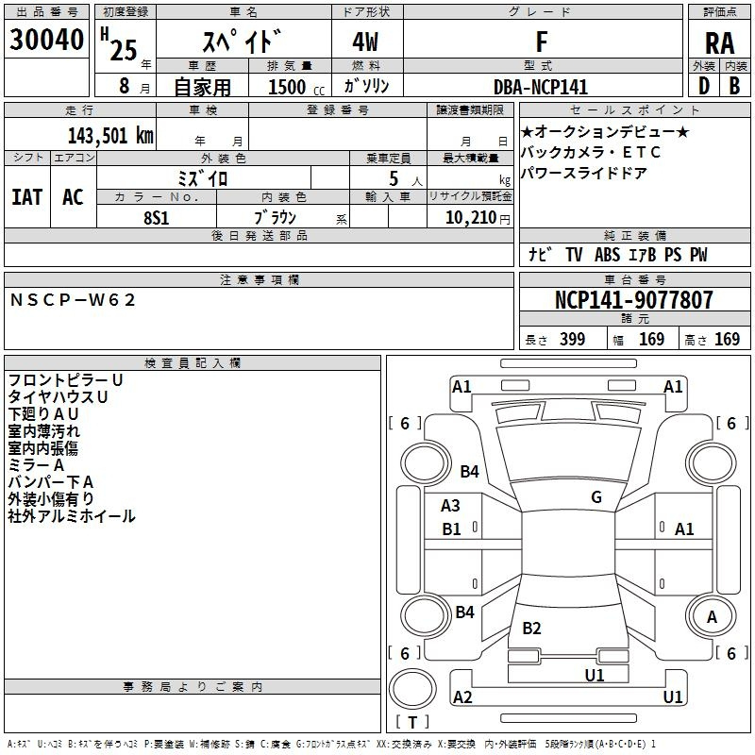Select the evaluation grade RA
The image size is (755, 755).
pyautogui.click(x=719, y=42)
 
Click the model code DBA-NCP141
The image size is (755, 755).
pyautogui.click(x=541, y=87)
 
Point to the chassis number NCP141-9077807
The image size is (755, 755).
pyautogui.click(x=634, y=300)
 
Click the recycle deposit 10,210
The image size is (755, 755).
pyautogui.click(x=468, y=217)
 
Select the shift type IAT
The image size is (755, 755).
pyautogui.click(x=26, y=197)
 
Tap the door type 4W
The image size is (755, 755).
pyautogui.click(x=366, y=42)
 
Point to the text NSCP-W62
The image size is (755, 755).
pyautogui.click(x=74, y=299)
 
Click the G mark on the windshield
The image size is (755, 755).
pyautogui.click(x=596, y=497)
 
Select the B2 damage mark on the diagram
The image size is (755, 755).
pyautogui.click(x=531, y=629)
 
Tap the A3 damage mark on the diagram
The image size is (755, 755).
pyautogui.click(x=451, y=506)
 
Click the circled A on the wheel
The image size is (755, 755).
pyautogui.click(x=712, y=616)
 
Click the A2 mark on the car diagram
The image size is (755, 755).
pyautogui.click(x=462, y=697)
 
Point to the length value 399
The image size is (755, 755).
pyautogui.click(x=572, y=339)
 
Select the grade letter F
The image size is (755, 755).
pyautogui.click(x=541, y=42)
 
